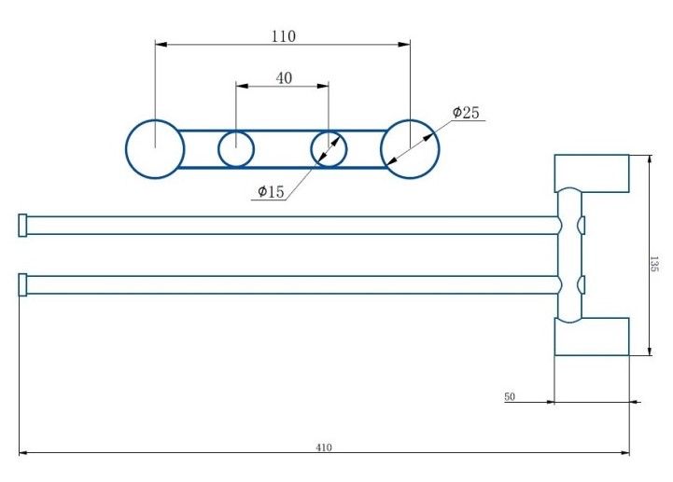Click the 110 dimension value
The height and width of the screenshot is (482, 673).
click(284, 36)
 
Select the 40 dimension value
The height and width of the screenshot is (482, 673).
click(284, 78)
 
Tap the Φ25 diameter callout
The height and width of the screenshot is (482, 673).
click(466, 113)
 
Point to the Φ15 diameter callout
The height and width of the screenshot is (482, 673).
click(271, 192)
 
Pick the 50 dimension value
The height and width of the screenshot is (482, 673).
click(510, 397)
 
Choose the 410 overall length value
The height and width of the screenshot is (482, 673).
click(324, 448)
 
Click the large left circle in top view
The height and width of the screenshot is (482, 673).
click(155, 149)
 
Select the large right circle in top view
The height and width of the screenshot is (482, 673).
click(409, 149)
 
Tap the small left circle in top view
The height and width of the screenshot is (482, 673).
click(236, 148)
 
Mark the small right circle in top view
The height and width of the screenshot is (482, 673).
click(329, 148)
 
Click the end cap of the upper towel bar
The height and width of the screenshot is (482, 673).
click(22, 226)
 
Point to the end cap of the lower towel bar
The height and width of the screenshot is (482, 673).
click(22, 284)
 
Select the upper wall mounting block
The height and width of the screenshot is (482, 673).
click(592, 173)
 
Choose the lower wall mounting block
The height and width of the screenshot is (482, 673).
click(592, 336)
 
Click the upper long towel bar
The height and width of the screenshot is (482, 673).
click(289, 226)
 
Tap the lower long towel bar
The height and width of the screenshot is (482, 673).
click(289, 284)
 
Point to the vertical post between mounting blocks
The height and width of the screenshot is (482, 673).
click(569, 255)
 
